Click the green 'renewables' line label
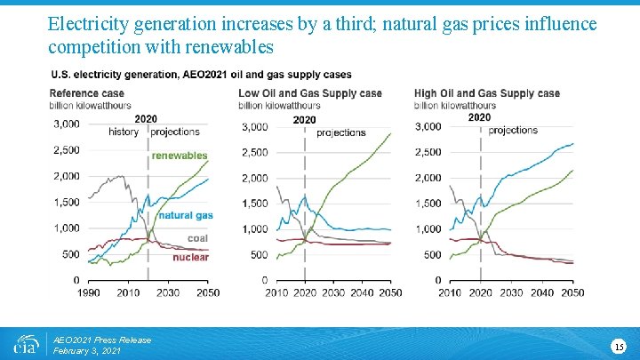pos(179,156)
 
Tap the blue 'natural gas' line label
pos(186,215)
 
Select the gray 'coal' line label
pos(198,238)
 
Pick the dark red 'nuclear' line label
pos(190,258)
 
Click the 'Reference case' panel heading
pos(87,93)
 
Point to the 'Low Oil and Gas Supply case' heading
pos(310,93)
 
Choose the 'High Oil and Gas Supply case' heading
pos(487,93)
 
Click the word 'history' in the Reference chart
pos(123,132)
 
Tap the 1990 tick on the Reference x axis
pos(89,292)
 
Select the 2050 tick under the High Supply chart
pos(572,292)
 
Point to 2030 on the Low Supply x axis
pos(333,292)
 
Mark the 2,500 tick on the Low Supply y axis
pos(255,153)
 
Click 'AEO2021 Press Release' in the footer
pos(102,340)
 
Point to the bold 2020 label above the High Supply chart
pos(479,117)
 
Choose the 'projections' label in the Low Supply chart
pos(341,132)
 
